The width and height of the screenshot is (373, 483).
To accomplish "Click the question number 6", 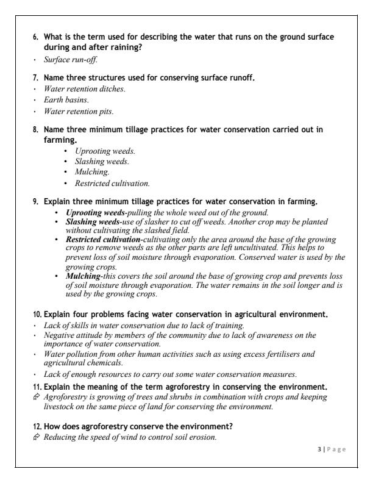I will (x=36, y=37).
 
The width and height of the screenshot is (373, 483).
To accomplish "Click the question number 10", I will (x=37, y=315).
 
